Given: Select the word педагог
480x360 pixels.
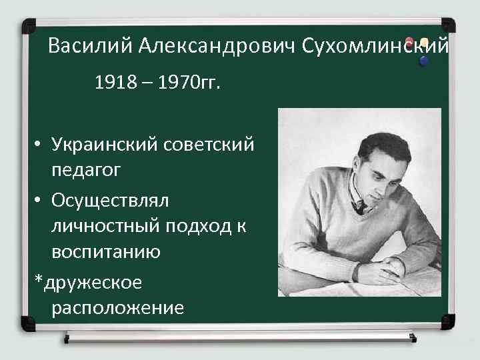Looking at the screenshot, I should coord(85,171).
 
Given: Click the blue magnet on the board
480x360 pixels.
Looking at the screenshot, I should coord(423,61).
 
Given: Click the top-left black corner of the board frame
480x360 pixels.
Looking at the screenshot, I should coord(29,27).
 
